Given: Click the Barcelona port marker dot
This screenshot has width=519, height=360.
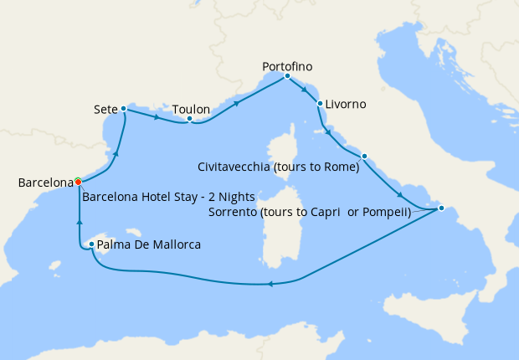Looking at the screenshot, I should (78, 181).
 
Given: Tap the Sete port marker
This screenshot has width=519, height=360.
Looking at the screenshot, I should (123, 108).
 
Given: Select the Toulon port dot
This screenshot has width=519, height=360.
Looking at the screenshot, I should (190, 119).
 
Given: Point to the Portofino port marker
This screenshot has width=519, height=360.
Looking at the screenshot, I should (287, 76).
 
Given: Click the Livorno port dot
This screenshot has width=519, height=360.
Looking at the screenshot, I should (320, 104).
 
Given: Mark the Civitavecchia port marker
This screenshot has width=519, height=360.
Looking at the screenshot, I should (364, 156).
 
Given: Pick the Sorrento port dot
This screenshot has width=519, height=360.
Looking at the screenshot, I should (441, 208).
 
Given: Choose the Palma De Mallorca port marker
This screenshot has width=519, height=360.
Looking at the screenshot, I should (91, 244).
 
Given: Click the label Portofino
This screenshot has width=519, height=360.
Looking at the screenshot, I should (288, 64).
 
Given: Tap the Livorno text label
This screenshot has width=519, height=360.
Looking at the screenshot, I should (345, 105).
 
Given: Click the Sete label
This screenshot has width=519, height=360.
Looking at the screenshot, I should (105, 109).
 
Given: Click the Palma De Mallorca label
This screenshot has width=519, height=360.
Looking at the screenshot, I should (148, 245).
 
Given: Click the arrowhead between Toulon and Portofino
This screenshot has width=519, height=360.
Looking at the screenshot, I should (238, 104).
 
